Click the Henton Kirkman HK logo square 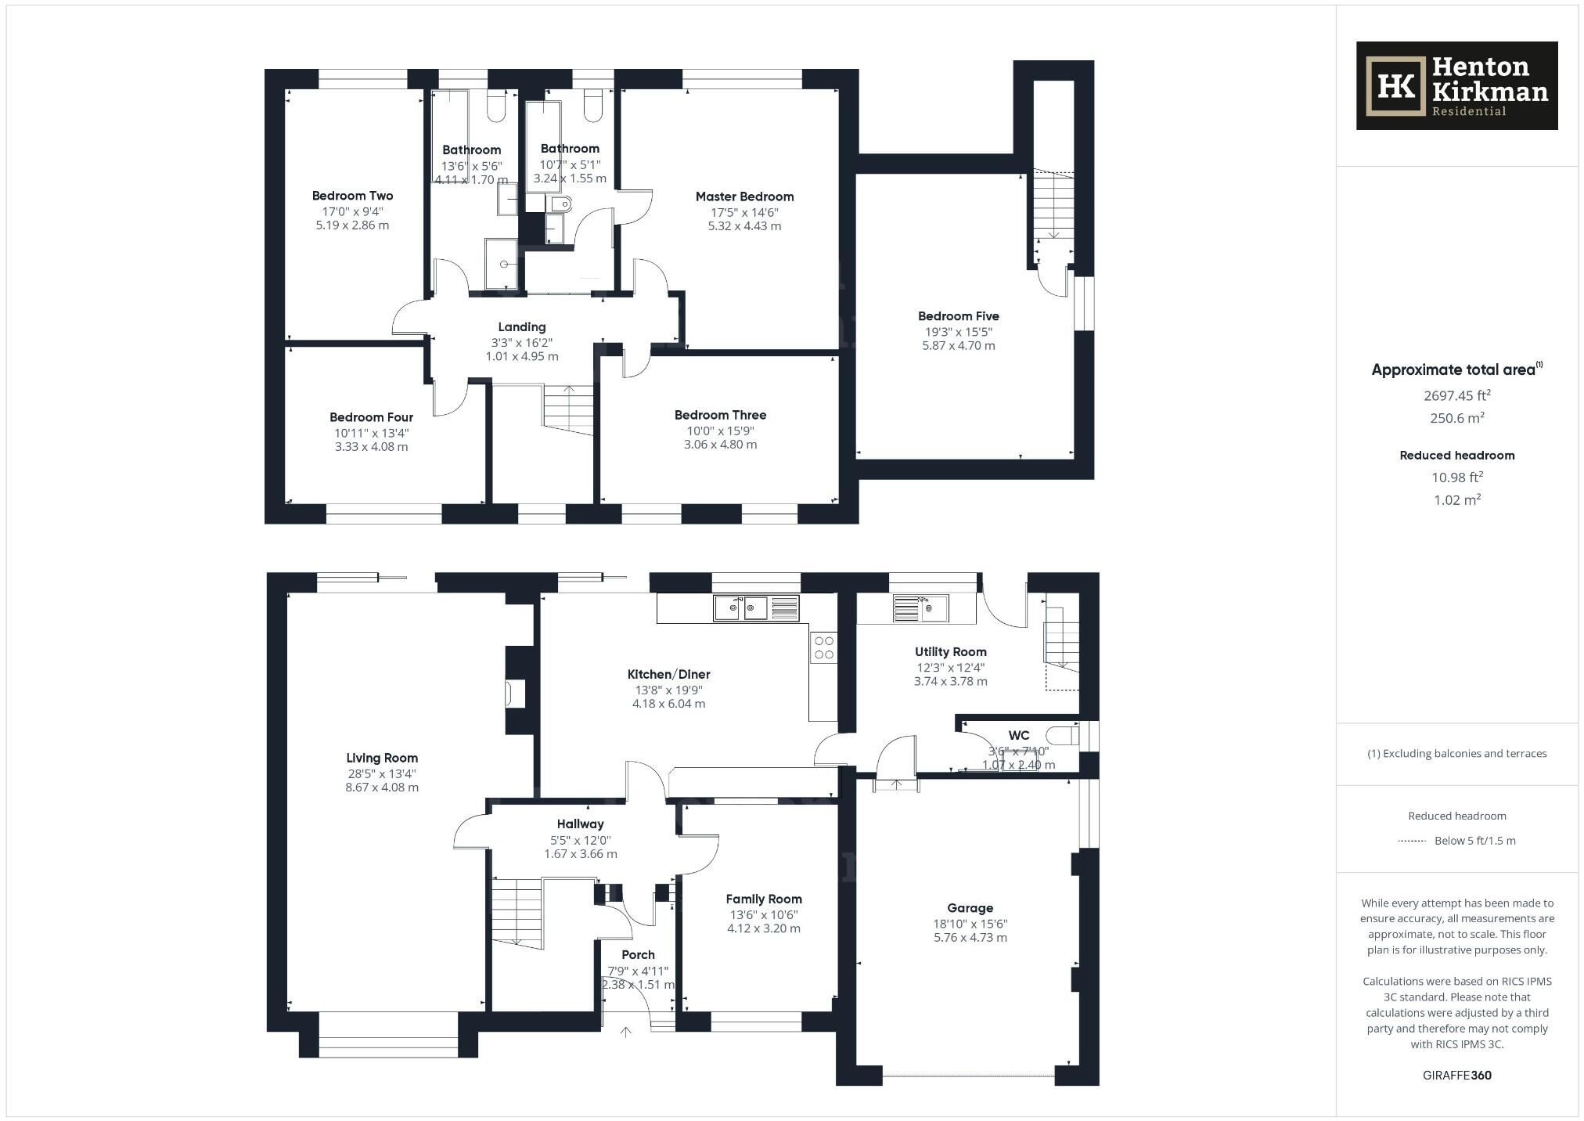pos(1395,86)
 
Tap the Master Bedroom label pos(744,196)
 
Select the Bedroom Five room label pos(958,316)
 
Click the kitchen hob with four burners pos(823,647)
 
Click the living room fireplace pos(516,694)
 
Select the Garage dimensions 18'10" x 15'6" pos(970,924)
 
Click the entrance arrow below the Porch pos(625,1033)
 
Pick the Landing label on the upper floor pos(522,327)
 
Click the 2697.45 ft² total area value pos(1456,396)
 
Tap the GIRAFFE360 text pos(1456,1075)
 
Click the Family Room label pos(763,899)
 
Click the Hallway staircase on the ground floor pos(517,913)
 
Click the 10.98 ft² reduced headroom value pos(1456,478)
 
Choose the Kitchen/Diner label pos(668,674)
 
